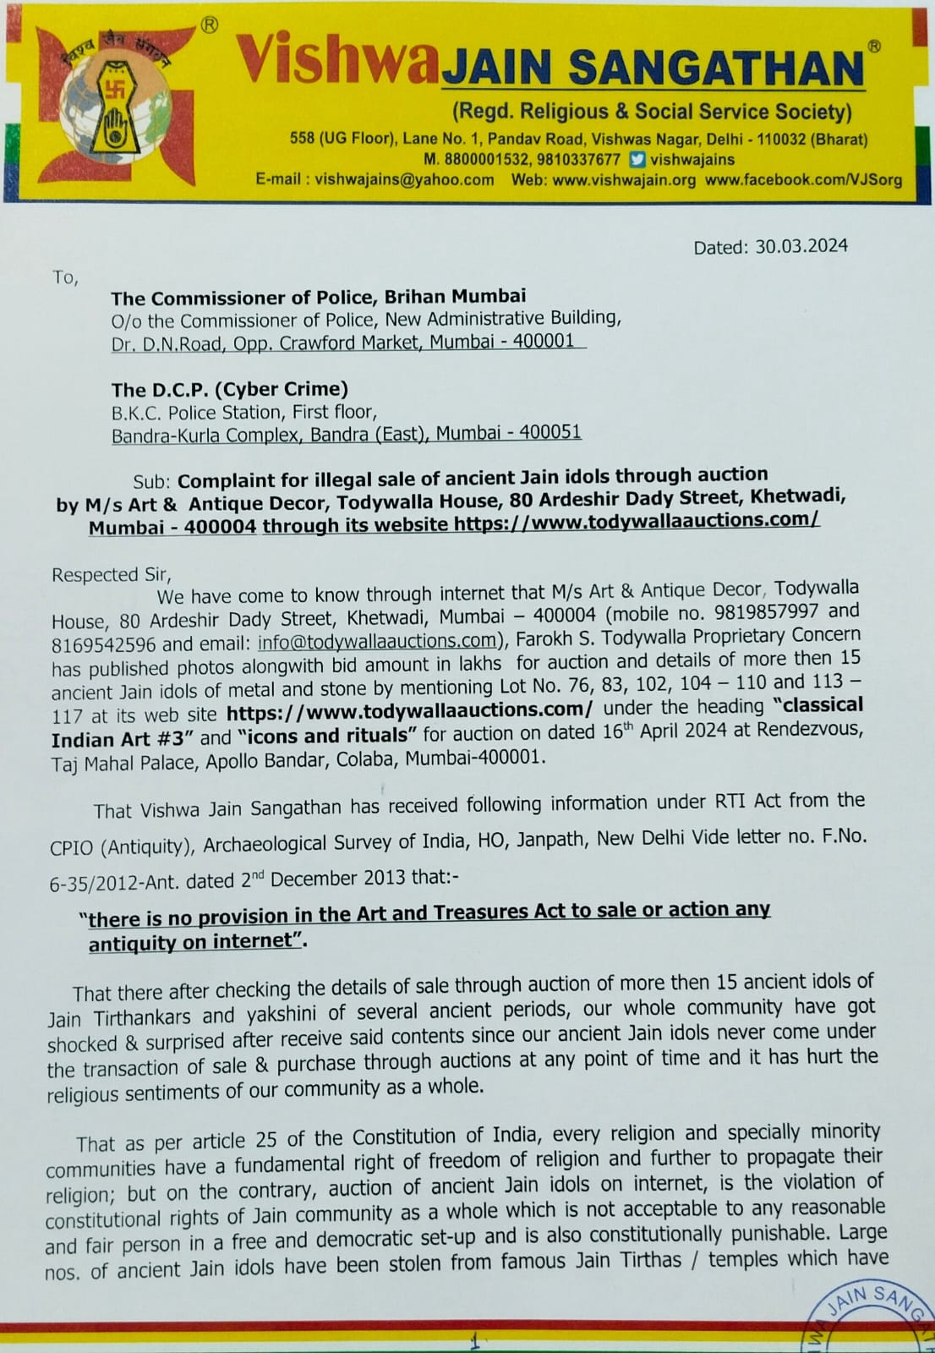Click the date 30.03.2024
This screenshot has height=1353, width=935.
(801, 246)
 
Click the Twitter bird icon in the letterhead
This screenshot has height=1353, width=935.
(638, 158)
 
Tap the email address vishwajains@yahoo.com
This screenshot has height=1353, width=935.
(404, 179)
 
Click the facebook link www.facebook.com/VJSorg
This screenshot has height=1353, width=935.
(803, 179)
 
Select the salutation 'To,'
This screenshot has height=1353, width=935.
(65, 277)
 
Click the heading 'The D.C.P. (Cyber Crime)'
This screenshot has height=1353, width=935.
(229, 389)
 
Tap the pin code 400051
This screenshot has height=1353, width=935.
(550, 432)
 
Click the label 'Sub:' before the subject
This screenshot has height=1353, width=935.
(152, 481)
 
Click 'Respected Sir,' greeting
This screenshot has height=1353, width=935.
(110, 574)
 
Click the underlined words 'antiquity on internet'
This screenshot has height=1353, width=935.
(194, 942)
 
